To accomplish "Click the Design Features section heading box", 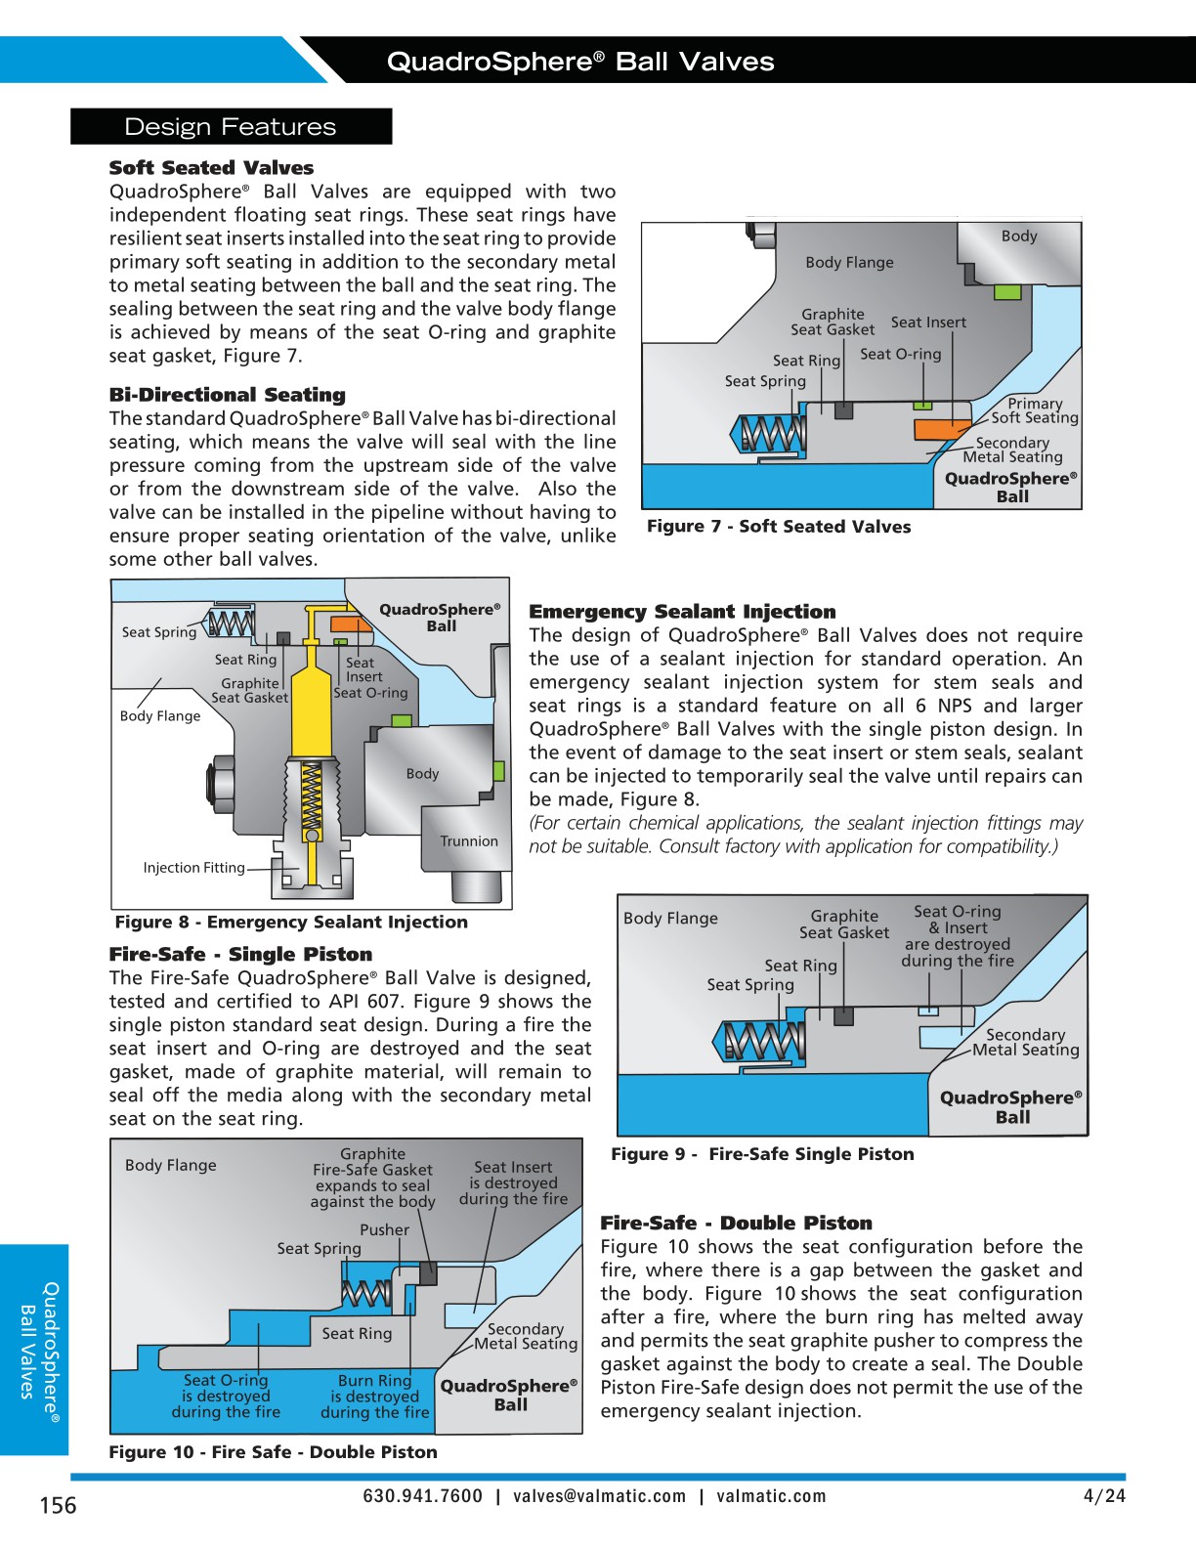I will pyautogui.click(x=231, y=127).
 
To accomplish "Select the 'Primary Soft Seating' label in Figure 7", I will pyautogui.click(x=1034, y=410).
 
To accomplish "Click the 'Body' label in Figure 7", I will pyautogui.click(x=1018, y=236).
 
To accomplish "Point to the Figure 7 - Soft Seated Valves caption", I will pyautogui.click(x=778, y=527).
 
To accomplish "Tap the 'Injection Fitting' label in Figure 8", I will pyautogui.click(x=193, y=868).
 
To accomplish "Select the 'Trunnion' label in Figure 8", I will pyautogui.click(x=468, y=841).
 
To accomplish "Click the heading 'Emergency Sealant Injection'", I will pyautogui.click(x=682, y=612).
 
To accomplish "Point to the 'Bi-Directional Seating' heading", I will pyautogui.click(x=227, y=395).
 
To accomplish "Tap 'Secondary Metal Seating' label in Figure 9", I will pyautogui.click(x=1025, y=1042).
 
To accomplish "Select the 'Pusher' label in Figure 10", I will pyautogui.click(x=384, y=1230).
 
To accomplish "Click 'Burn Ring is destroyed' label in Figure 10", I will pyautogui.click(x=374, y=1397).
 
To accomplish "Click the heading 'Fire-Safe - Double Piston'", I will pyautogui.click(x=735, y=1224).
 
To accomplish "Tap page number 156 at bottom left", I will pyautogui.click(x=58, y=1505).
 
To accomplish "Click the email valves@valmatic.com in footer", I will pyautogui.click(x=599, y=1496).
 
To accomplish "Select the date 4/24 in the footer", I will pyautogui.click(x=1104, y=1496).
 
